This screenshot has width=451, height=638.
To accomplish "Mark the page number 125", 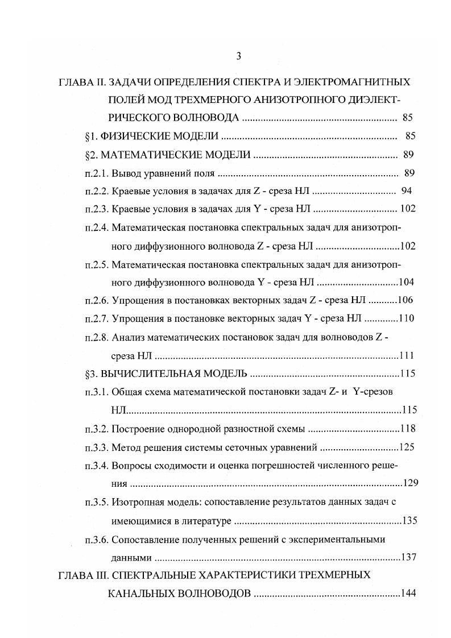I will [407, 447].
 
